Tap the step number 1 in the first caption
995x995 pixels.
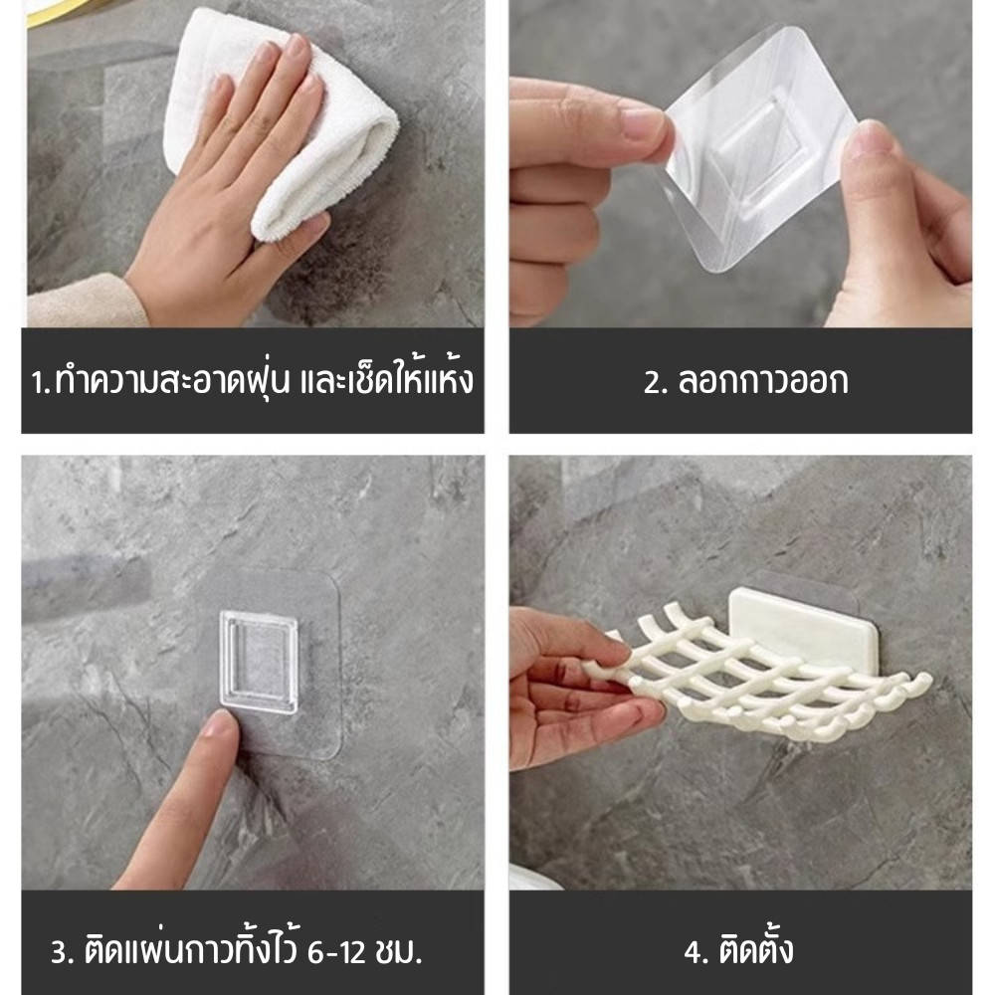point(37,383)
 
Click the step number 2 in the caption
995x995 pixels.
point(653,383)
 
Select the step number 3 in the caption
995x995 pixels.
point(60,952)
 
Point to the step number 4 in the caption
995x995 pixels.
point(693,952)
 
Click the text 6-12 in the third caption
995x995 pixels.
point(335,953)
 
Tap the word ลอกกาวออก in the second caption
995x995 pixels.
point(763,382)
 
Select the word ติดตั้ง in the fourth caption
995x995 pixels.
point(756,948)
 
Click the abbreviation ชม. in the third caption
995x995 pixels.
point(399,953)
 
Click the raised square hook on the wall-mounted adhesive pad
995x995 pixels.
point(259,662)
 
